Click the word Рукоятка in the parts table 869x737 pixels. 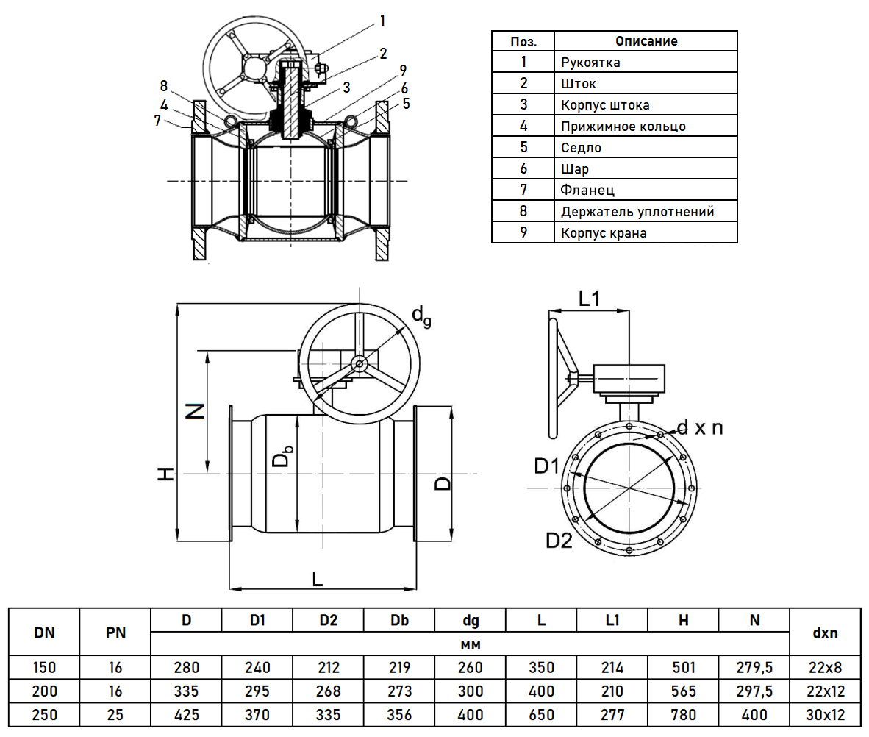(590, 62)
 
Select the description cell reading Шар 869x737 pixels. (574, 169)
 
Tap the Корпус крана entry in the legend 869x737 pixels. (604, 233)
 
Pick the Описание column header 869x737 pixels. (646, 40)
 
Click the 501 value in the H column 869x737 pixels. (683, 668)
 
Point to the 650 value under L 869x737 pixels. (541, 714)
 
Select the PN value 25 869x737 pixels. (115, 714)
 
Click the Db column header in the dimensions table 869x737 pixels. (399, 620)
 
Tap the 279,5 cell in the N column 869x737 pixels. (754, 668)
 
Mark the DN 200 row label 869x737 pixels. (44, 691)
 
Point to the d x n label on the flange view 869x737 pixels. (699, 427)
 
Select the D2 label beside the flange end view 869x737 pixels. (559, 541)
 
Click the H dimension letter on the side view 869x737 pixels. (167, 474)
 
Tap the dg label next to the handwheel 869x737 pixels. (421, 316)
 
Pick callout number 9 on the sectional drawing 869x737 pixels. (402, 71)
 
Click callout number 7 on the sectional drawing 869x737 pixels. (157, 120)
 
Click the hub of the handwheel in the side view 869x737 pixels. (360, 363)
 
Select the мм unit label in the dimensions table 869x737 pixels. (470, 644)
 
